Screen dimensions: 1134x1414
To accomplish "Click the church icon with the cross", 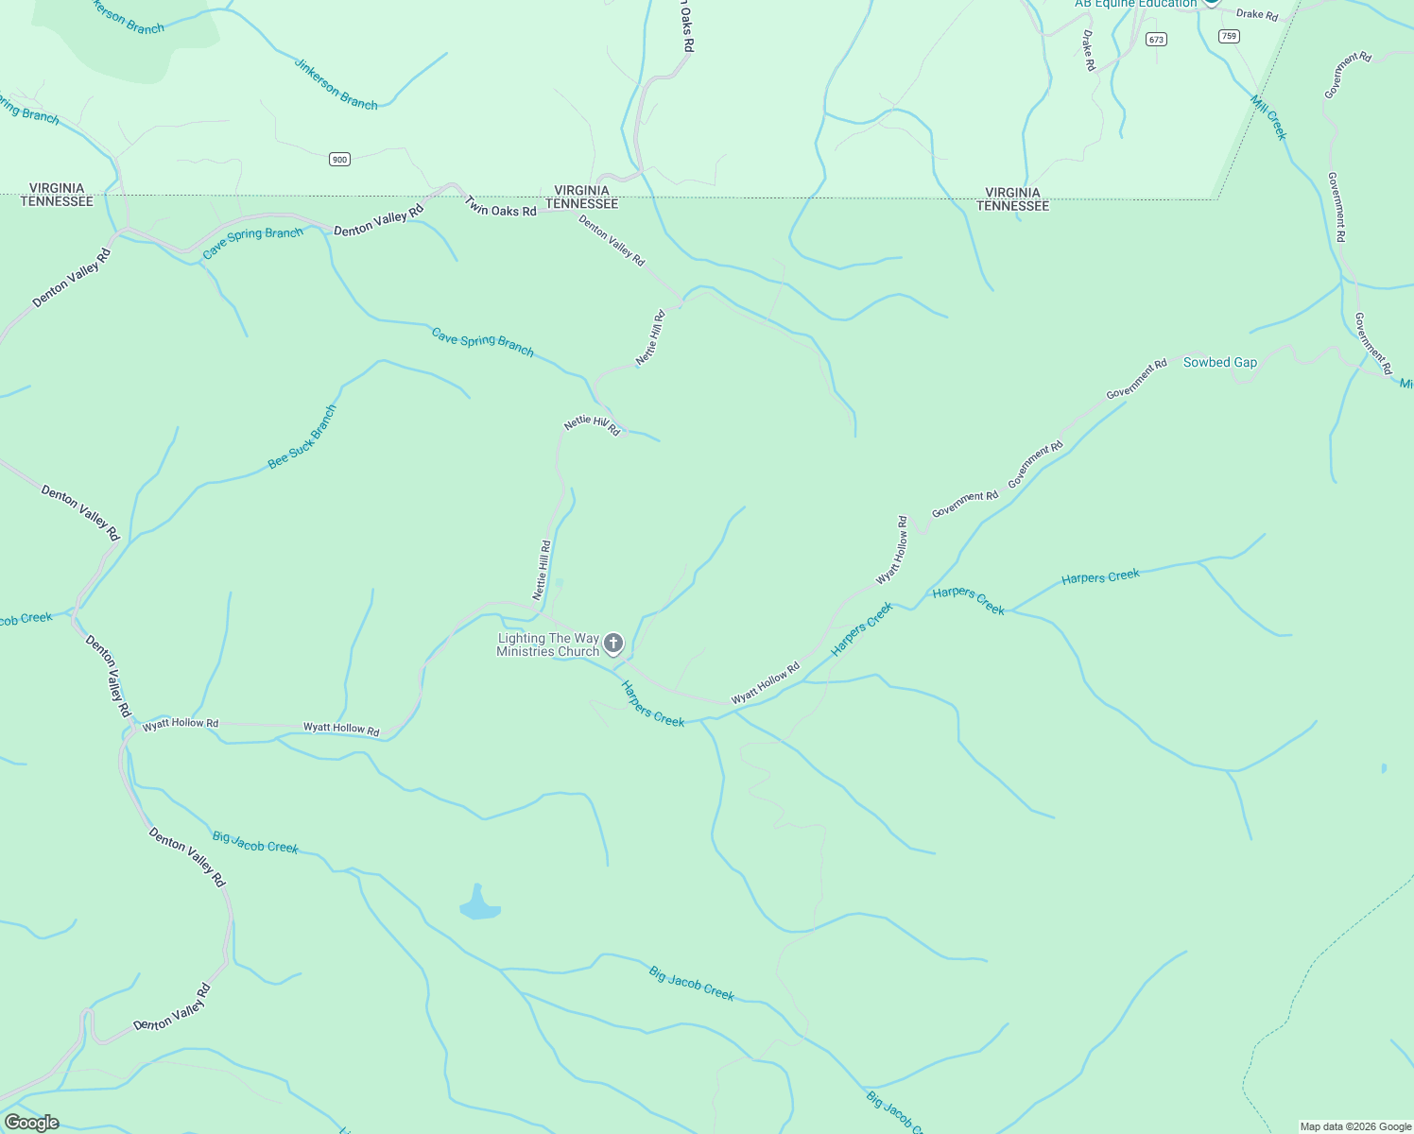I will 613,644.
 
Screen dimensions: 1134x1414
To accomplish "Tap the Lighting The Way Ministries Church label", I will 548,644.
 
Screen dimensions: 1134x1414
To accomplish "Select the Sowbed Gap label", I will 1220,362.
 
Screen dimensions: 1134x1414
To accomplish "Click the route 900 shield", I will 340,159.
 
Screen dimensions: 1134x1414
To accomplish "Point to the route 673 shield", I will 1156,39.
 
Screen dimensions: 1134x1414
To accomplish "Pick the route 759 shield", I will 1229,36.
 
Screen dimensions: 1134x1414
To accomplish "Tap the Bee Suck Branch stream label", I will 302,437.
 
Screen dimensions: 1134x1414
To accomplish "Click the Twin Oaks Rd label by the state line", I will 501,207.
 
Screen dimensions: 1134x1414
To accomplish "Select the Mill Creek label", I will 1268,118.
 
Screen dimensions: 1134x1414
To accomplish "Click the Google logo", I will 30,1123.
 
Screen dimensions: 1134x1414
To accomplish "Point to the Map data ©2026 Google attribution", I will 1355,1126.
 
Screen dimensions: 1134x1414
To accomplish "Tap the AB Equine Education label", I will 1135,4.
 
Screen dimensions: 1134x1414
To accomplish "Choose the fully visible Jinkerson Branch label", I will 336,85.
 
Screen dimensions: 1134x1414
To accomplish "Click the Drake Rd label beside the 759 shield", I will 1257,14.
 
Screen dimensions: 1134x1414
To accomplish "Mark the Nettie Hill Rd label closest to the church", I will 542,570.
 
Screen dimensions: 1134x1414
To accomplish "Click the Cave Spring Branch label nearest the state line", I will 253,242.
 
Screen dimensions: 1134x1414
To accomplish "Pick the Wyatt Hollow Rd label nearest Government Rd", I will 890,549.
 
